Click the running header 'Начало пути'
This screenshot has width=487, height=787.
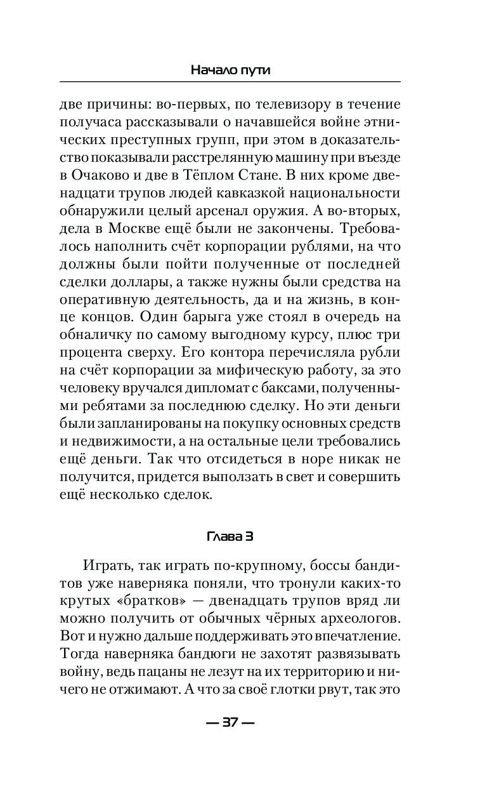coord(230,70)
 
